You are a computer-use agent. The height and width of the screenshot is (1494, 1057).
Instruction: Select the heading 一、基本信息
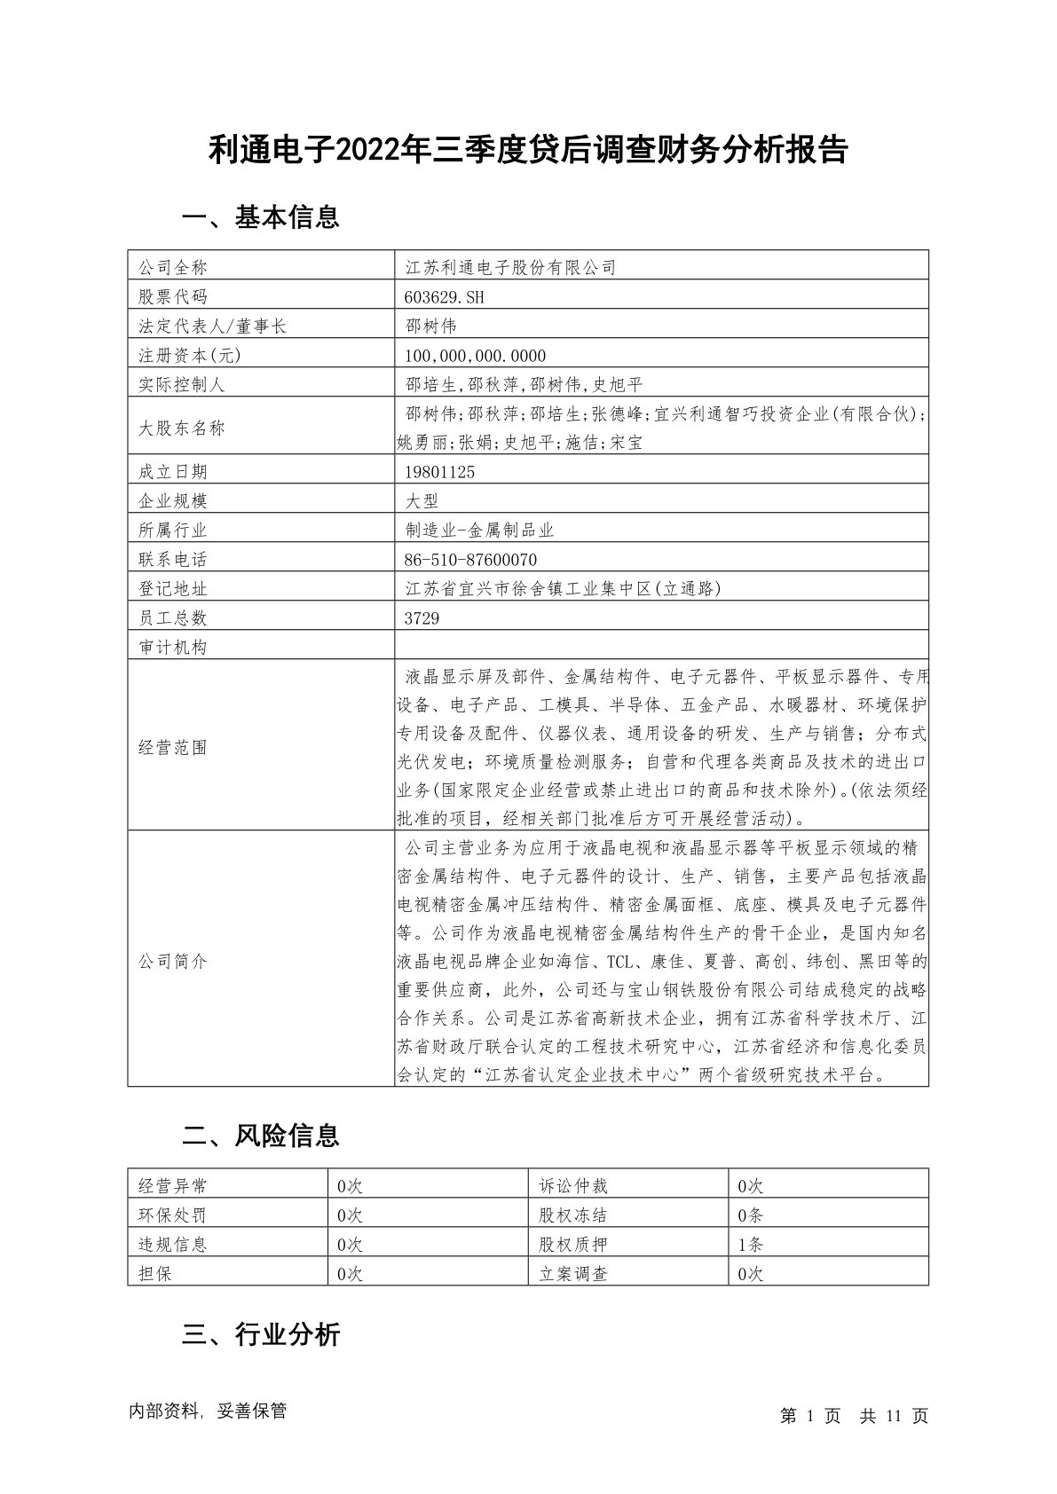coord(260,217)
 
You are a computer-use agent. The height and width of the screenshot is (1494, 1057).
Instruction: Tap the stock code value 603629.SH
coord(445,297)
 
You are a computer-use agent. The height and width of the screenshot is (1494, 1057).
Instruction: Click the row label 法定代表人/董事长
coord(213,326)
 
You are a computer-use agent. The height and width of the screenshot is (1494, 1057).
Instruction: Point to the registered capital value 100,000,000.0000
coord(476,356)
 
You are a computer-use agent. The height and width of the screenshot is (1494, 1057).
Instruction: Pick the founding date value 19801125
coord(439,472)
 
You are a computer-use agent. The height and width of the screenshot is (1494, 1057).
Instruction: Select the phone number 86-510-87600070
coord(470,560)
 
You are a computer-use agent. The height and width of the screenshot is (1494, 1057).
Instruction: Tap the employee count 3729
coord(422,618)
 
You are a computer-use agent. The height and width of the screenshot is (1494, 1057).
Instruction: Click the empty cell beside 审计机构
coord(661,647)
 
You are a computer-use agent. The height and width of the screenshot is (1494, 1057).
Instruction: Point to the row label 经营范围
coord(173,748)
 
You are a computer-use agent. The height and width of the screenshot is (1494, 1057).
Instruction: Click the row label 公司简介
coord(173,962)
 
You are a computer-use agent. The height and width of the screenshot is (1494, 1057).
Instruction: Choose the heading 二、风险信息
coord(260,1136)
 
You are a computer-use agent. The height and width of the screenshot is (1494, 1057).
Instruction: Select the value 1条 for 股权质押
coord(750,1245)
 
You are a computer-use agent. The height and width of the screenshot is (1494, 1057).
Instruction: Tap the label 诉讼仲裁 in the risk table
coord(573,1186)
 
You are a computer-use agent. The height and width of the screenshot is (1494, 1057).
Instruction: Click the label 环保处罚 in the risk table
coord(173,1215)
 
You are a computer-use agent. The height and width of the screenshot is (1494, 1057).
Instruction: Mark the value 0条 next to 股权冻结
coord(750,1215)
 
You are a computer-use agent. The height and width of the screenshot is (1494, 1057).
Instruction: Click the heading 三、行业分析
coord(260,1335)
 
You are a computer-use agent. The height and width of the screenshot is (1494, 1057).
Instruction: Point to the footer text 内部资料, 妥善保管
coord(208,1411)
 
